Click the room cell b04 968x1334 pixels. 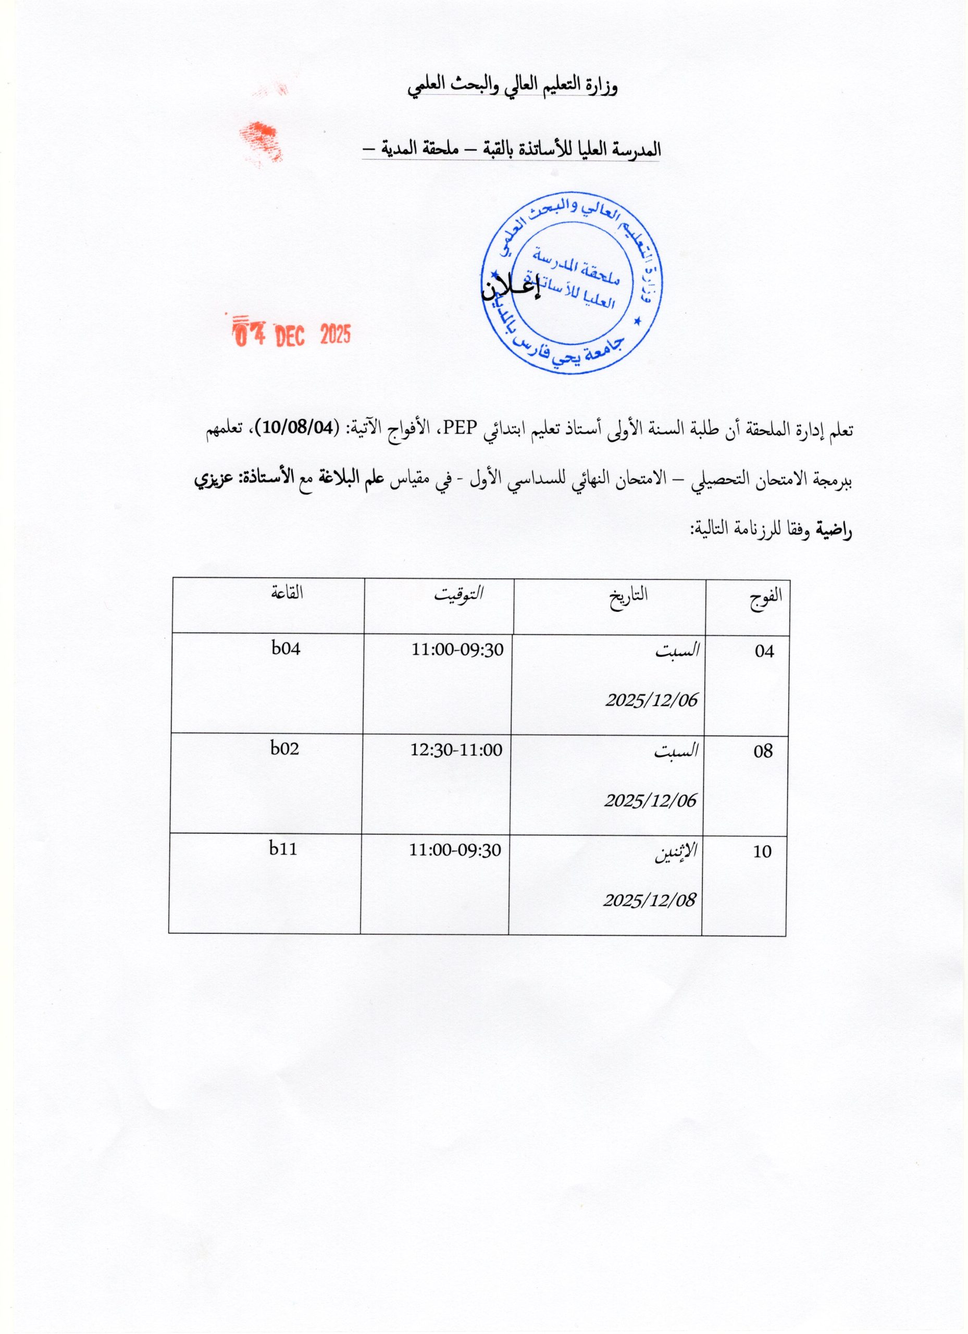pyautogui.click(x=286, y=649)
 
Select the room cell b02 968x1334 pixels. pyautogui.click(x=284, y=748)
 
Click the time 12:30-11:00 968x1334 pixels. pyautogui.click(x=456, y=750)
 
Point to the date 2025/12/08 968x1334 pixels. pyautogui.click(x=650, y=900)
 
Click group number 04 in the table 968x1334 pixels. pyautogui.click(x=764, y=651)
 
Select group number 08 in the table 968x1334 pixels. pyautogui.click(x=763, y=751)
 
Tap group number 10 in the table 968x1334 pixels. pyautogui.click(x=762, y=851)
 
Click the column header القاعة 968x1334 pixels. pyautogui.click(x=287, y=592)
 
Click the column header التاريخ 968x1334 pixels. pyautogui.click(x=629, y=595)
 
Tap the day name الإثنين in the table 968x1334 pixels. pyautogui.click(x=676, y=851)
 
